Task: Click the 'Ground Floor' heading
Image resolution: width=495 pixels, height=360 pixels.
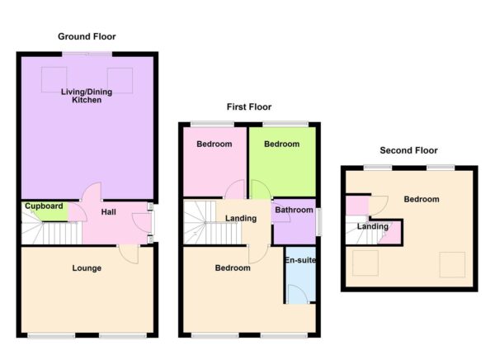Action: [x=87, y=36]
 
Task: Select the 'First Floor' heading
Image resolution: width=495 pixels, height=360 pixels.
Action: [x=249, y=107]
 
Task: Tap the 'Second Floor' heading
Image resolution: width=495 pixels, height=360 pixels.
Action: [x=408, y=150]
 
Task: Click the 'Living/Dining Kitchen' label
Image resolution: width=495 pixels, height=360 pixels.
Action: [x=87, y=95]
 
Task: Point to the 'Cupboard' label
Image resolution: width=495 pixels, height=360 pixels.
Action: [x=44, y=206]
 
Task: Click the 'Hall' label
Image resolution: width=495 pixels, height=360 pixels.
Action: [x=109, y=212]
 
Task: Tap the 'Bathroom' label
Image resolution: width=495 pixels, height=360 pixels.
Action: [x=294, y=210]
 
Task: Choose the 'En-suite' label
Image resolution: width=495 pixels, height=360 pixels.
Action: [x=299, y=261]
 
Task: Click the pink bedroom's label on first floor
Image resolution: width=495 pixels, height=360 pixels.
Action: [x=214, y=144]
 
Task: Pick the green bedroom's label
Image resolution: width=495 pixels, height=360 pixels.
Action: [x=281, y=144]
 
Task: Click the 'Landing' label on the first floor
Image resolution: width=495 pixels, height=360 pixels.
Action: [x=241, y=218]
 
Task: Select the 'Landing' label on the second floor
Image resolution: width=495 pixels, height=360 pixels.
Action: [x=373, y=226]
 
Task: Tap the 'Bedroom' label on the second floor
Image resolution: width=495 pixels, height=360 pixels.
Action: [x=422, y=199]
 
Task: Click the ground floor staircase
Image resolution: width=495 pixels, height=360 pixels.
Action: [x=49, y=234]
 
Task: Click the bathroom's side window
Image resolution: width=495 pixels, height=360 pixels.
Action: [x=318, y=221]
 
